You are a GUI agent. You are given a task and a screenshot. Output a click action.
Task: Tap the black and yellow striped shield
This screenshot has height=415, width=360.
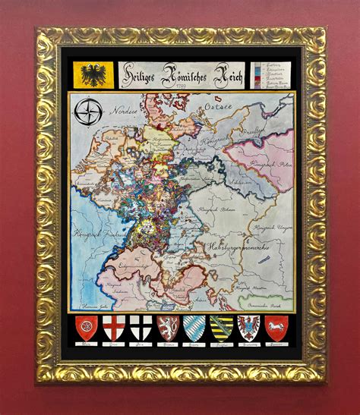pyautogui.click(x=221, y=328)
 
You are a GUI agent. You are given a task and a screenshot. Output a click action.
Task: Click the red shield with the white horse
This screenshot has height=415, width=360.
pyautogui.click(x=276, y=328)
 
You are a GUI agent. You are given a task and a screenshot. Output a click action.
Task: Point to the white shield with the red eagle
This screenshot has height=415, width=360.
pyautogui.click(x=248, y=328)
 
